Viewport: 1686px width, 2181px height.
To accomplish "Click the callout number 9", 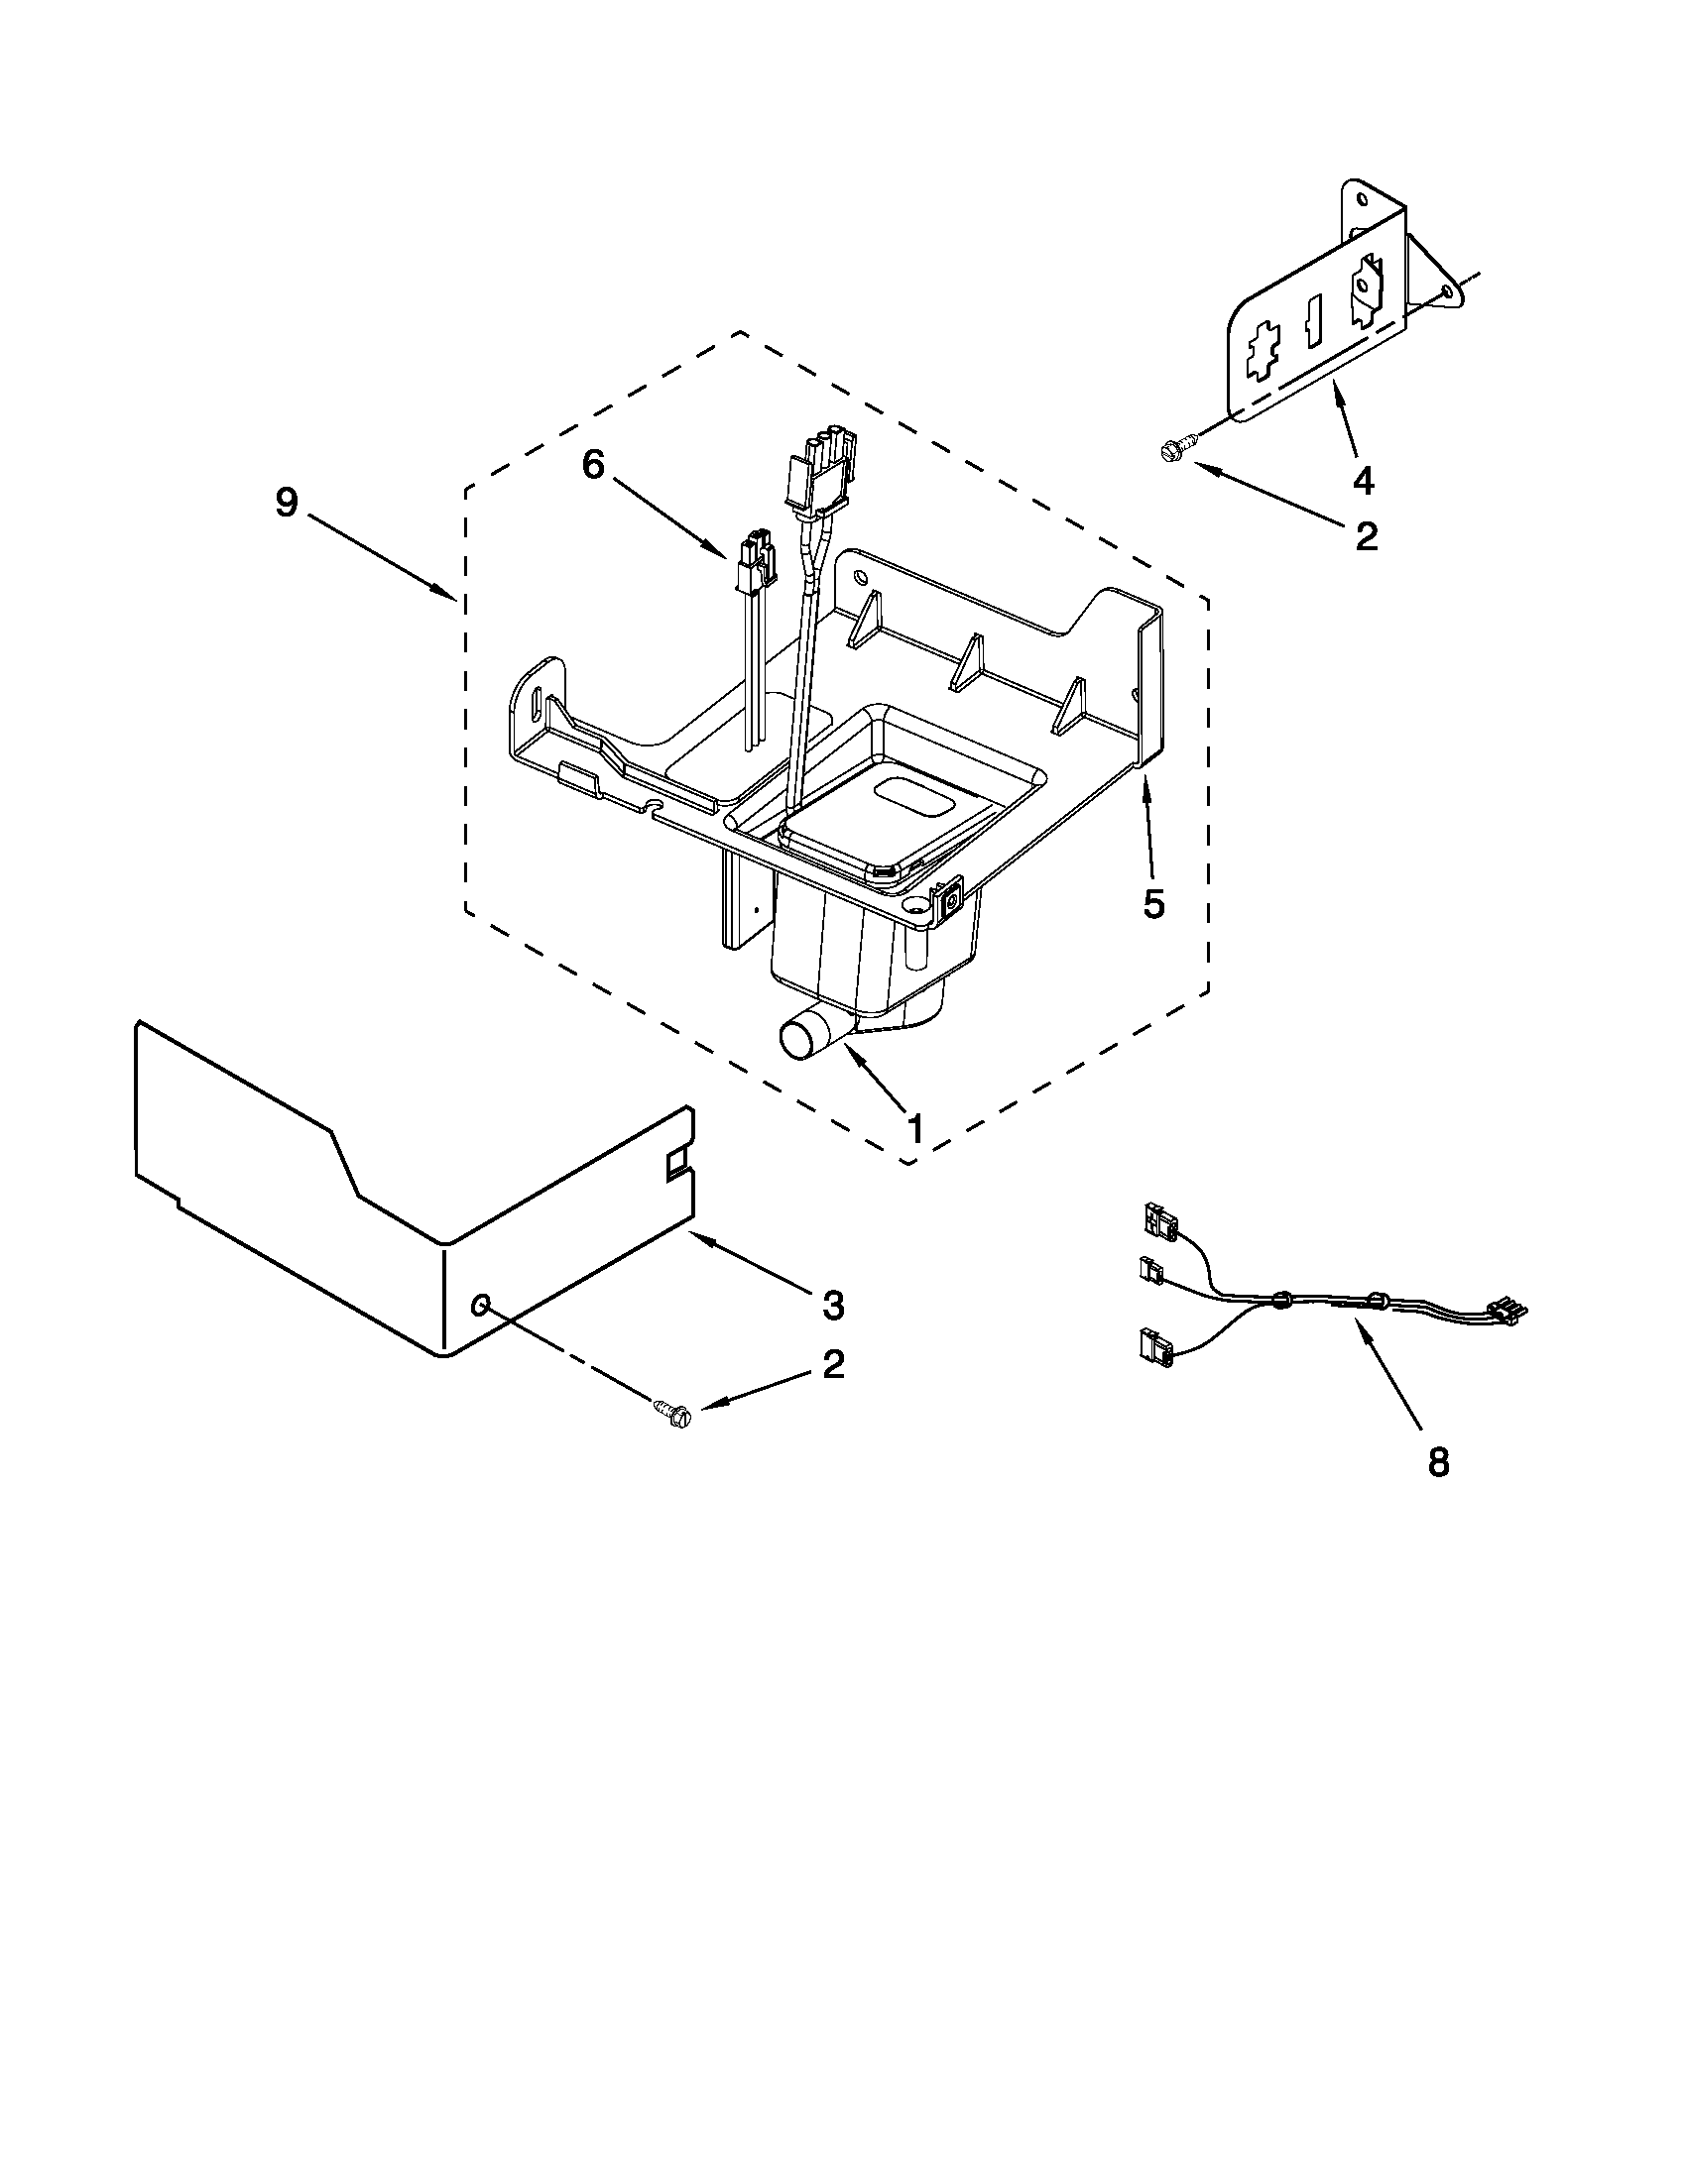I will (x=287, y=503).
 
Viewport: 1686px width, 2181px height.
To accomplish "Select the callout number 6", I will (x=593, y=463).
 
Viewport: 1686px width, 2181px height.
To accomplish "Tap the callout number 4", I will (x=1363, y=481).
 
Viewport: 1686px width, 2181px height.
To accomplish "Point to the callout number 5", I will (x=1153, y=904).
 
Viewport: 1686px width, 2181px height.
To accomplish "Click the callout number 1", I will (x=911, y=1128).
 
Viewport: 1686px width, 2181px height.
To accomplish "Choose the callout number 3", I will (x=833, y=1305).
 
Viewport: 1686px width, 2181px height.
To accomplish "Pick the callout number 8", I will (x=1437, y=1463).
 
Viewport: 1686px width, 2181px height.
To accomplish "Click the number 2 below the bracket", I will (x=1366, y=536).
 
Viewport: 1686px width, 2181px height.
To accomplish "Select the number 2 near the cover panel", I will (x=833, y=1365).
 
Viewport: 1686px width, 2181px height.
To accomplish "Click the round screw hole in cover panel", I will (x=482, y=1305).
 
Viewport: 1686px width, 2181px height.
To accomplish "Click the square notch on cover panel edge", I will (x=678, y=1160).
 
